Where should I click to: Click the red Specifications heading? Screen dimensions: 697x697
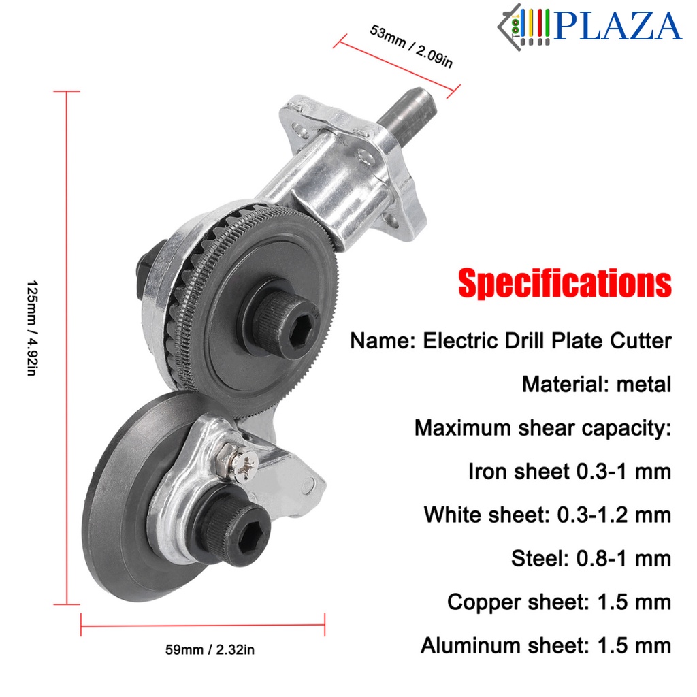click(564, 284)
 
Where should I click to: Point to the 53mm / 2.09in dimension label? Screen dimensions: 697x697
click(411, 46)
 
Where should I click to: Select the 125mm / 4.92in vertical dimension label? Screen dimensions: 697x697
click(32, 328)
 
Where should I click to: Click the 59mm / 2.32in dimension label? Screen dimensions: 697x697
click(210, 650)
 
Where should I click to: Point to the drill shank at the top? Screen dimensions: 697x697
click(407, 116)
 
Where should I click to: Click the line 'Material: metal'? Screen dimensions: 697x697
click(596, 385)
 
